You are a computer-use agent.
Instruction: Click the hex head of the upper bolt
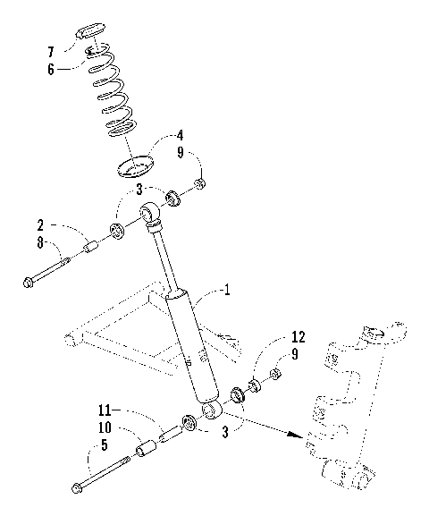(x=29, y=284)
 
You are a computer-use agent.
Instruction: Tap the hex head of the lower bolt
(x=77, y=488)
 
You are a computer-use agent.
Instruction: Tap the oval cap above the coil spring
(x=89, y=33)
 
